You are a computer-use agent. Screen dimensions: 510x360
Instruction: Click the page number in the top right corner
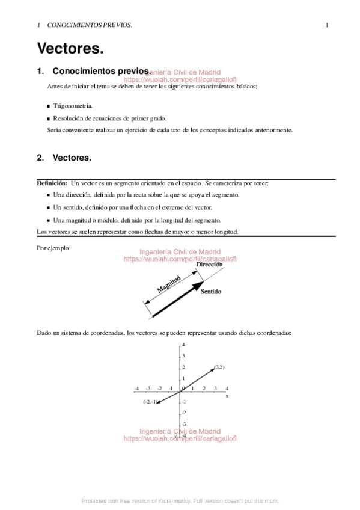point(326,25)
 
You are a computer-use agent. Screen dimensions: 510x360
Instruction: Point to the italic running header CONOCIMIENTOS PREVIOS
point(90,25)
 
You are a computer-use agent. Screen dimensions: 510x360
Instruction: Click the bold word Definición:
point(52,183)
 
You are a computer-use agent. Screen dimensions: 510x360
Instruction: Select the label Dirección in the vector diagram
point(209,265)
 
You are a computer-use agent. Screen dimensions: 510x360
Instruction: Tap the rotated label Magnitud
point(169,283)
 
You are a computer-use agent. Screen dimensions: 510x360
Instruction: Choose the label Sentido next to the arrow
point(211,292)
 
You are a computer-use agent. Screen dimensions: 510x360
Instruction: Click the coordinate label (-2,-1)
point(150,402)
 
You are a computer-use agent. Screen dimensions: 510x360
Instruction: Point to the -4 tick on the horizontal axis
point(136,389)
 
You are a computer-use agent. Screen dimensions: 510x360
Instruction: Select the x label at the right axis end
point(227,396)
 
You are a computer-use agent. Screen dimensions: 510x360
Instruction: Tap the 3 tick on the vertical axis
point(183,356)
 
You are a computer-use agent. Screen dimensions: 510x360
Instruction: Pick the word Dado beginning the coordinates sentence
point(44,332)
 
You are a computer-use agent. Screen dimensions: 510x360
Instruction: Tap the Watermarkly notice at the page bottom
point(180,500)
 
